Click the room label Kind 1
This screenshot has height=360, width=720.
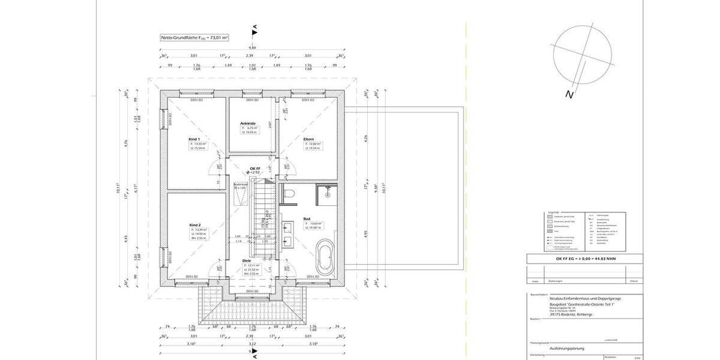click(193, 138)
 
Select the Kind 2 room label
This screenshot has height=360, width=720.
click(193, 223)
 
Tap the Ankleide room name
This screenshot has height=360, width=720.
click(248, 123)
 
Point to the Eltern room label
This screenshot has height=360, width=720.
click(308, 139)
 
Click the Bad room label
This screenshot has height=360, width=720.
click(307, 219)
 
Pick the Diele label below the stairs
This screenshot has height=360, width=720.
click(247, 260)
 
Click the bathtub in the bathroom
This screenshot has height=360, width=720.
click(325, 257)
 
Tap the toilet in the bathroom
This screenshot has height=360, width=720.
click(288, 194)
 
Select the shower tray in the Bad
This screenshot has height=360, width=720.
click(326, 191)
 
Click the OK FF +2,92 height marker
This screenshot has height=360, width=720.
click(255, 170)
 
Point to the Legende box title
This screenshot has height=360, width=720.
click(553, 212)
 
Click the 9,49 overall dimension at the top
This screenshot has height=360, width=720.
click(254, 48)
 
